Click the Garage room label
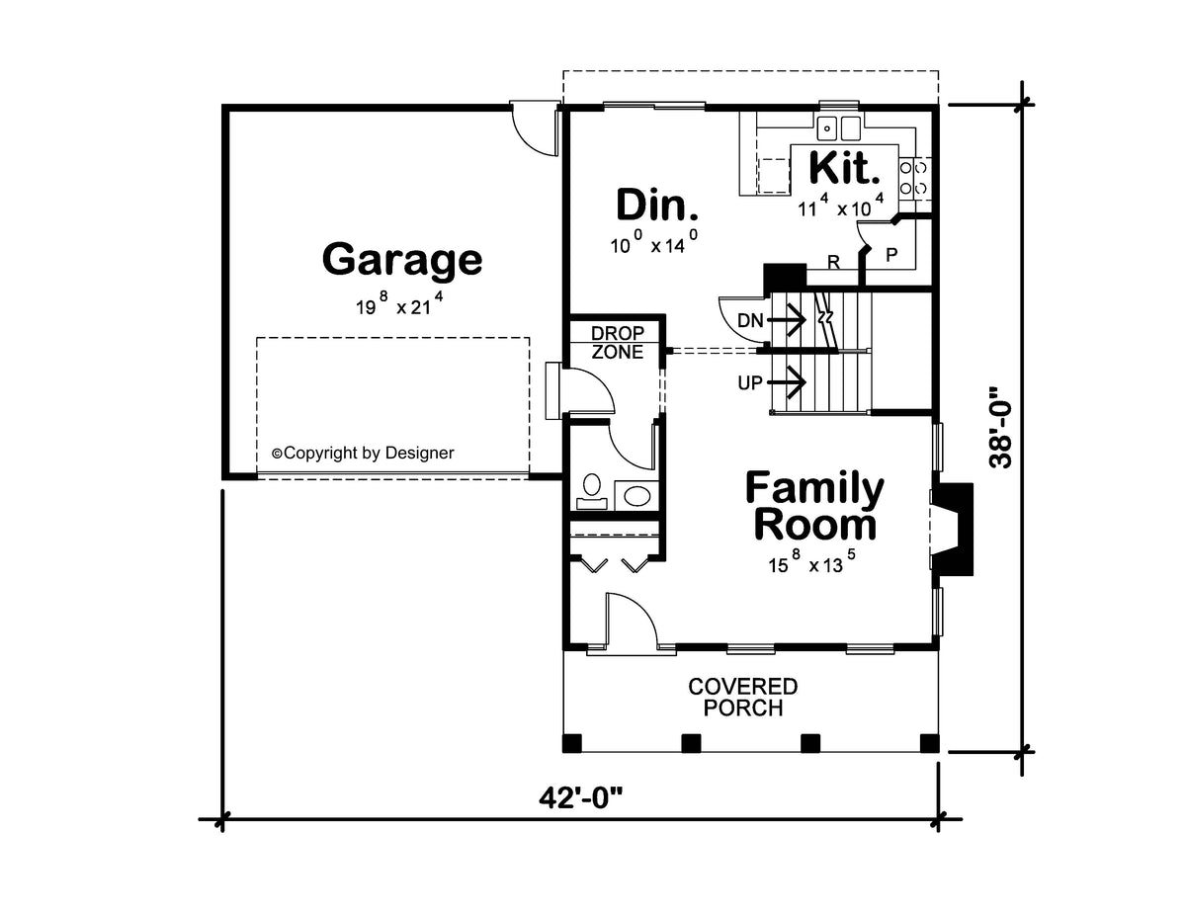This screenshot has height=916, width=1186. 402,261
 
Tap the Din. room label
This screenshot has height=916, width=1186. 657,204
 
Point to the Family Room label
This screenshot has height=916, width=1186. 814,506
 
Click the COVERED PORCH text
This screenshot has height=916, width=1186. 743,698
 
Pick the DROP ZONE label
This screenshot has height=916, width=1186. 618,343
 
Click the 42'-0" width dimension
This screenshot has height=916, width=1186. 580,799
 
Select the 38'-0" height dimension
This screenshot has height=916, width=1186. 1000,428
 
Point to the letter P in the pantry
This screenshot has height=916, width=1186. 891,254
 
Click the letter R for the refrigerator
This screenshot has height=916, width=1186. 833,263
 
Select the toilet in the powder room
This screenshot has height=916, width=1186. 592,491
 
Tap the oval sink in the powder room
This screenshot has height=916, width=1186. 636,496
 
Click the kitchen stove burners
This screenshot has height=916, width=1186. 913,177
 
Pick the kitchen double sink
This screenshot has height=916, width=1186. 838,128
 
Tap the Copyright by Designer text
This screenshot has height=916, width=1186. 363,453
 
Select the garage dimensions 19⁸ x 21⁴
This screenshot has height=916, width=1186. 399,304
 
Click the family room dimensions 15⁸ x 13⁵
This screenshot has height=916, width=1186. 811,562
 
